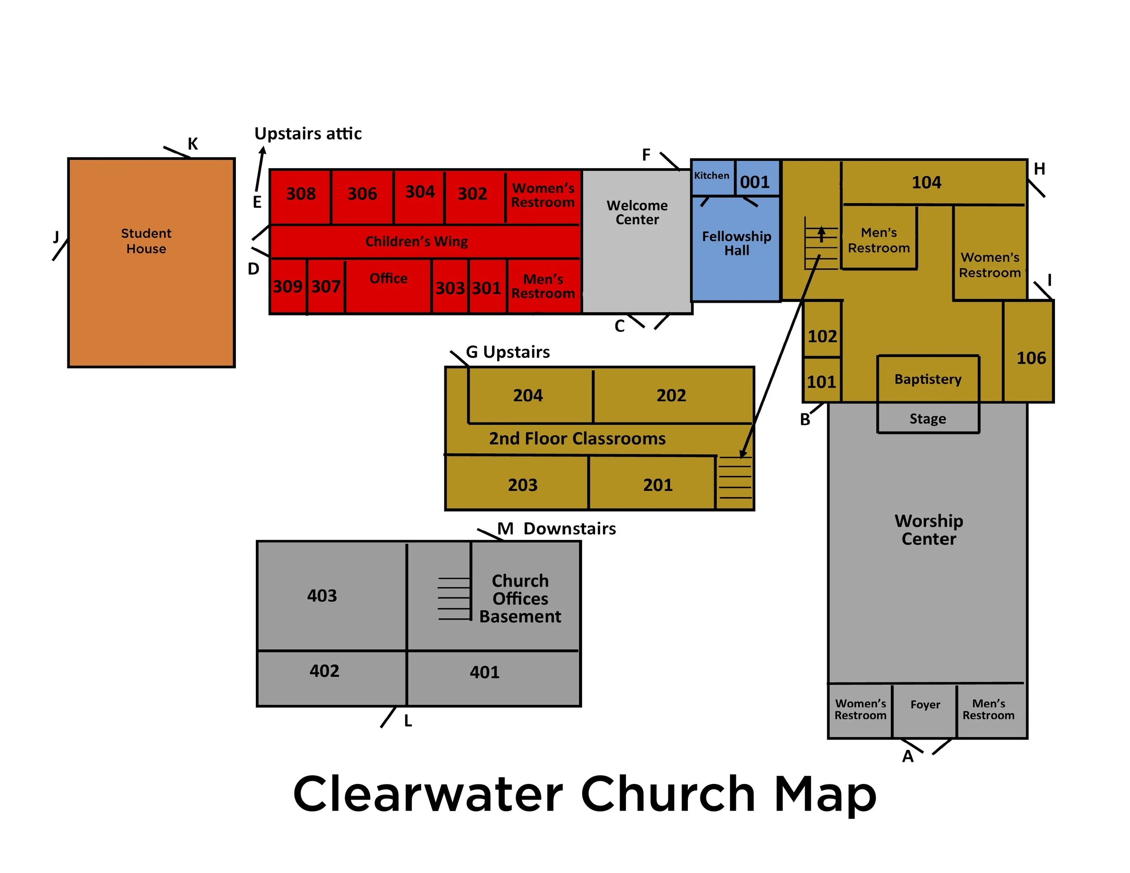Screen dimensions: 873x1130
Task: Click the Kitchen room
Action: pos(712,176)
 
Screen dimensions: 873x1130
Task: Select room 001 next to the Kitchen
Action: pos(755,182)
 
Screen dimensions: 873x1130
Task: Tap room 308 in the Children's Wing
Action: pos(301,194)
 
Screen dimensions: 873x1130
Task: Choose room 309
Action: pos(287,286)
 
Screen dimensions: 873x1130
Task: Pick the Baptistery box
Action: pos(928,379)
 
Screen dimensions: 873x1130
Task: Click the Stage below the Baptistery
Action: pos(928,418)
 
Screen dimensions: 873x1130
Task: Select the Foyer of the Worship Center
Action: pos(925,705)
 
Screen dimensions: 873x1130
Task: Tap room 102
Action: pos(822,337)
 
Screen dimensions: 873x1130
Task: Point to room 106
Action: pos(1031,358)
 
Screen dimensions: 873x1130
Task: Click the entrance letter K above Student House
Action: pos(193,144)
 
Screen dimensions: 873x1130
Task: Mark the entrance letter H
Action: pos(1039,169)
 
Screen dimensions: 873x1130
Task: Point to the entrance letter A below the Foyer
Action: pos(908,756)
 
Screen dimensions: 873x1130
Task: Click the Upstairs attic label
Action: pos(308,134)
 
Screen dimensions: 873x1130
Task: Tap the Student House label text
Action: pos(146,241)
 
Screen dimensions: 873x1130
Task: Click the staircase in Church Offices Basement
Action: pos(454,598)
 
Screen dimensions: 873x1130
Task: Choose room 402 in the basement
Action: pos(325,671)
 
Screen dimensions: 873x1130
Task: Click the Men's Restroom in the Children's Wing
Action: pos(543,286)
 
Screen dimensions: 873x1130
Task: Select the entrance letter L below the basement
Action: pos(408,721)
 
